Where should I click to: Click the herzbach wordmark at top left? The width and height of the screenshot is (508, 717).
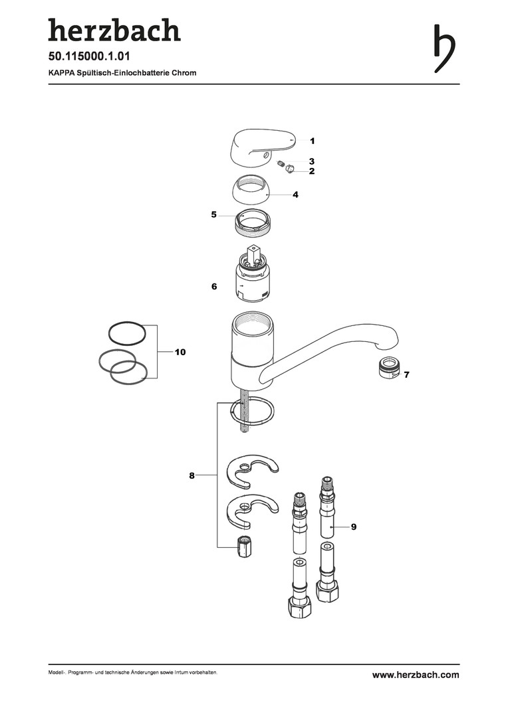[114, 31]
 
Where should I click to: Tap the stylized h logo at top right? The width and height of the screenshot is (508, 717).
[444, 48]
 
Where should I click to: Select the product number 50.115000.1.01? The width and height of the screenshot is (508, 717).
[89, 56]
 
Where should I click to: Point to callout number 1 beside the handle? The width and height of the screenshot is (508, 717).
[313, 141]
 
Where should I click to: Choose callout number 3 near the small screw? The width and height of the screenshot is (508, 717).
[311, 161]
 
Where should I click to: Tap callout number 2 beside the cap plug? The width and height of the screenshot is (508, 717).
[311, 171]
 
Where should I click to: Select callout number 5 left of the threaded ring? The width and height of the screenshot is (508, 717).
[214, 214]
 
